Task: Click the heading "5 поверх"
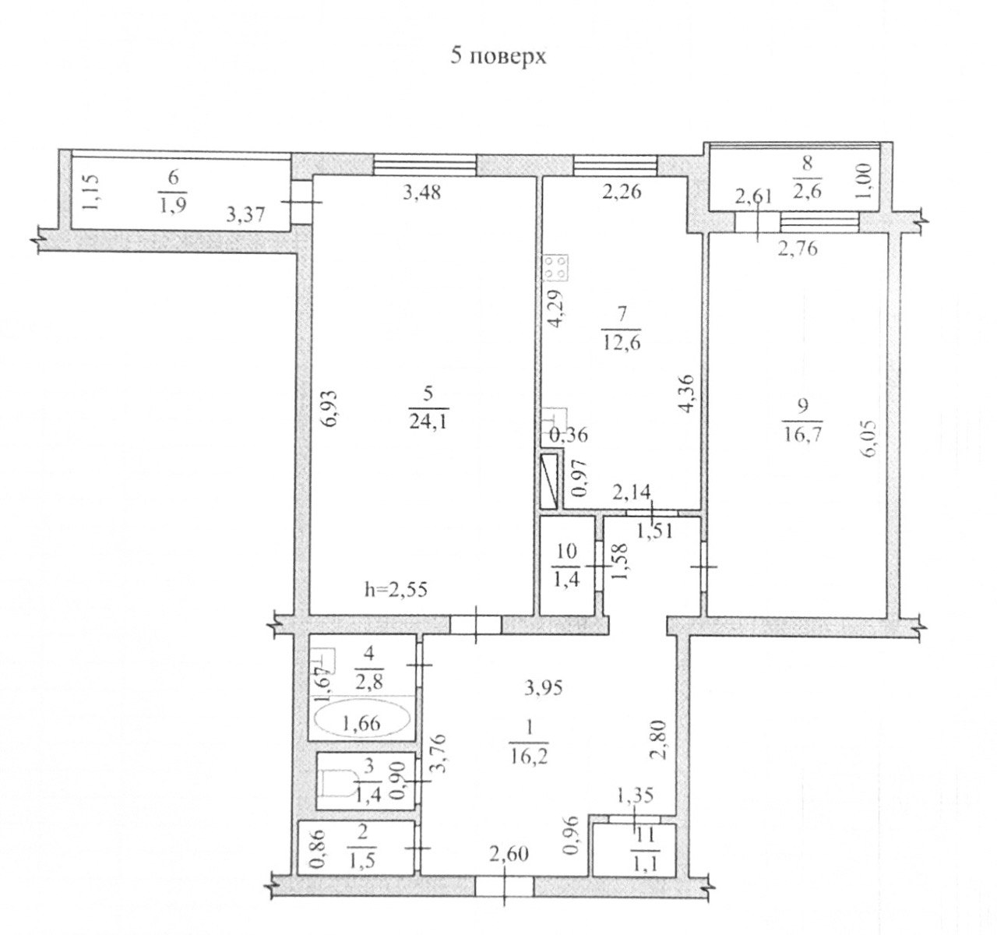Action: [498, 57]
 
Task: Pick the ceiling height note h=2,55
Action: [396, 590]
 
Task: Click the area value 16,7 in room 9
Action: [802, 433]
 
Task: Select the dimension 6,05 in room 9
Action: [870, 438]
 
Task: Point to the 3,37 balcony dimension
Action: [245, 215]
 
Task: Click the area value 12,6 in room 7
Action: [622, 343]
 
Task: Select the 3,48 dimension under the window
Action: [422, 192]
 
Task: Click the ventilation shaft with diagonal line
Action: [550, 482]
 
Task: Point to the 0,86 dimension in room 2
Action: [319, 849]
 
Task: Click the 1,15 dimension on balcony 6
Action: [92, 193]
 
